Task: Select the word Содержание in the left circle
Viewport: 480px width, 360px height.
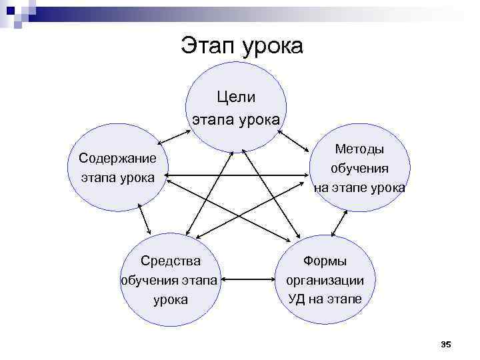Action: pos(117,158)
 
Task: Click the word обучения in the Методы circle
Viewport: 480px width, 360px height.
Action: pos(359,169)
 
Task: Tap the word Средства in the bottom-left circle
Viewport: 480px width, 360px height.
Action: pos(171,260)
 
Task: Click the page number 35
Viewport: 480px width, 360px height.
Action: pos(446,344)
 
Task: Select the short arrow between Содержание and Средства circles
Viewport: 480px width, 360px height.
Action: pos(145,219)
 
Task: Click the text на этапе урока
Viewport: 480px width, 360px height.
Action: pos(359,188)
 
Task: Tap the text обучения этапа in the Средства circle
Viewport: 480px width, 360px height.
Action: pos(169,279)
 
